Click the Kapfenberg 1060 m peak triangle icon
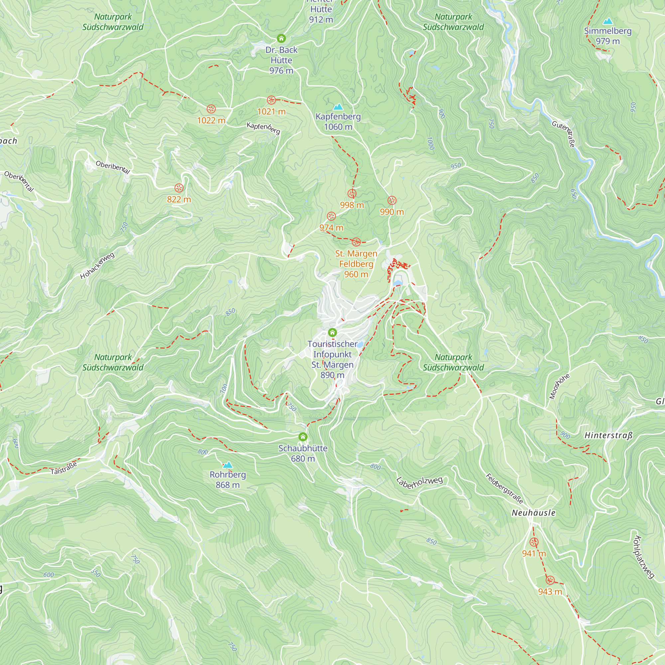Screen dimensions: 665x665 (x=338, y=107)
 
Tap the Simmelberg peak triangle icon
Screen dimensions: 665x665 (x=608, y=21)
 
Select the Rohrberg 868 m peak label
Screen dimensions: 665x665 (x=227, y=479)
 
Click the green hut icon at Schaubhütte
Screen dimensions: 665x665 (x=303, y=437)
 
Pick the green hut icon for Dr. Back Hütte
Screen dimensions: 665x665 (x=281, y=38)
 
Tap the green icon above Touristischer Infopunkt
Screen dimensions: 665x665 (x=332, y=332)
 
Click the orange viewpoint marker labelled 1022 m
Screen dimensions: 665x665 (x=211, y=109)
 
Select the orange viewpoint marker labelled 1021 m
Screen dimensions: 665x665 (x=271, y=100)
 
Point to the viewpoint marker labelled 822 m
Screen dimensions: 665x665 (x=179, y=188)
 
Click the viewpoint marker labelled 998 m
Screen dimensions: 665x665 (x=352, y=194)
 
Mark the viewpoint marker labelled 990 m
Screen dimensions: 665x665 (x=392, y=200)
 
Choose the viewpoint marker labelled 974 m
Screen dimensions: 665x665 (x=331, y=216)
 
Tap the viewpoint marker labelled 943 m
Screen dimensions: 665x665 (x=550, y=580)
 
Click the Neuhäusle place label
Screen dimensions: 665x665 (x=534, y=513)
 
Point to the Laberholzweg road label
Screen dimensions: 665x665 (x=419, y=482)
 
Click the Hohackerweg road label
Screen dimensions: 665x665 (x=97, y=266)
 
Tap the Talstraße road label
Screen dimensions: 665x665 (x=64, y=468)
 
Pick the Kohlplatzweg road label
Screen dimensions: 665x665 (x=643, y=557)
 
